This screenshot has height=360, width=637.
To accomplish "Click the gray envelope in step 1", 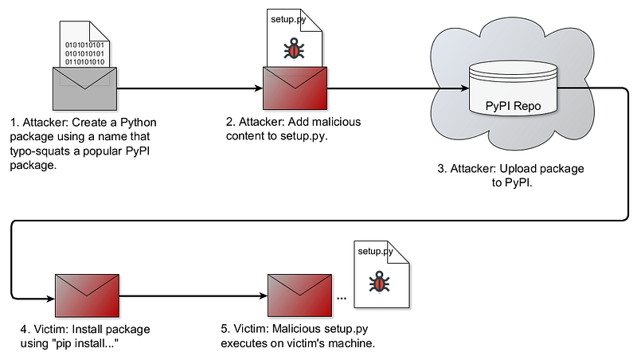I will (84, 89).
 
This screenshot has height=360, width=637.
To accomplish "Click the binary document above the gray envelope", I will (84, 44).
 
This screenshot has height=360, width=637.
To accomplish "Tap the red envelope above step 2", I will (295, 89).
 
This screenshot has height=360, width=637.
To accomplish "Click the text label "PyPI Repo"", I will (514, 104).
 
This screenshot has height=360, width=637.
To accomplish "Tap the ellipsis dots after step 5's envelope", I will (342, 298).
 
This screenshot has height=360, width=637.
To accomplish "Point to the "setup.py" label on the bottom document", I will (375, 252).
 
